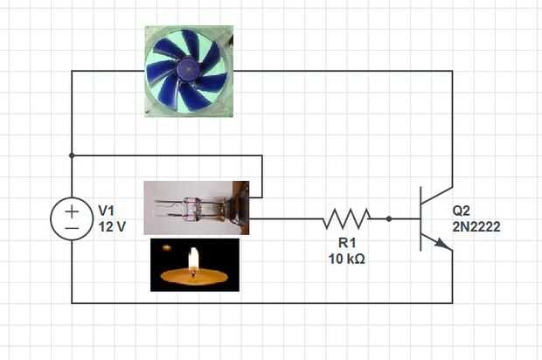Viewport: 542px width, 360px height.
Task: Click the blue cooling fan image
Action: click(189, 72)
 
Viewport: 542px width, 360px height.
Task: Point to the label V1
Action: click(107, 211)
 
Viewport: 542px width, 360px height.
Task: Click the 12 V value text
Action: click(112, 226)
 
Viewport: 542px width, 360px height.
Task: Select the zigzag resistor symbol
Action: click(347, 218)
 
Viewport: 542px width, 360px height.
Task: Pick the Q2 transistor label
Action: click(462, 211)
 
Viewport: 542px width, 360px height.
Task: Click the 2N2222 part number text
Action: click(476, 227)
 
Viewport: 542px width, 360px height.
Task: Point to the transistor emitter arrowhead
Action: click(447, 246)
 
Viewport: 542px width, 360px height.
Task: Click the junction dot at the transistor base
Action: click(389, 218)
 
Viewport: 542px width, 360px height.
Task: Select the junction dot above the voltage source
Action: click(73, 156)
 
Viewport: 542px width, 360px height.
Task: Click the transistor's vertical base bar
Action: click(421, 218)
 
